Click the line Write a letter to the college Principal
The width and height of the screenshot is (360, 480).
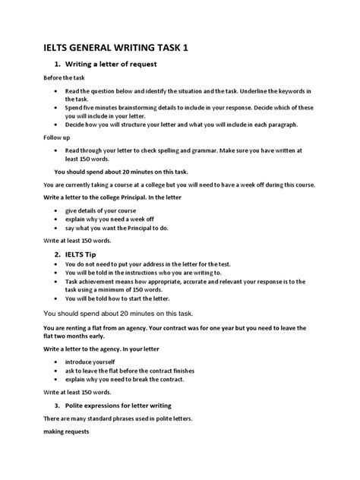click(122, 196)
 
